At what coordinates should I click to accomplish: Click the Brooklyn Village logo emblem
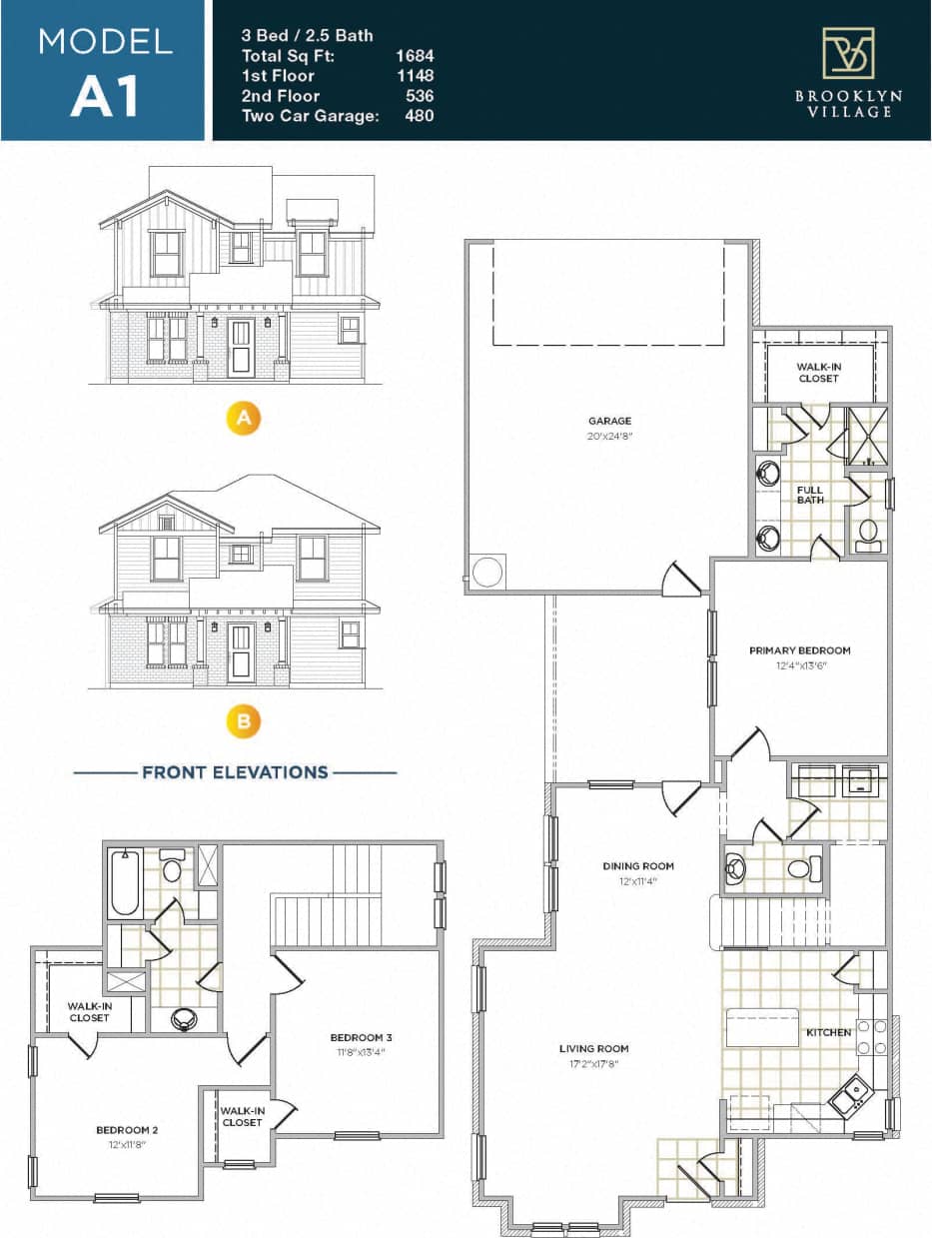[847, 53]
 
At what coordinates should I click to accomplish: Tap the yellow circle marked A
[243, 419]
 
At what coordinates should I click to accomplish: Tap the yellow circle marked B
[243, 721]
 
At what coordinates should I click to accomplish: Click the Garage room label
[609, 422]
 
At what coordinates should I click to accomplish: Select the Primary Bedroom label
[800, 650]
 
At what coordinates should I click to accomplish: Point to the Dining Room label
[637, 866]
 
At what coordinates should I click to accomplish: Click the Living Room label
[593, 1049]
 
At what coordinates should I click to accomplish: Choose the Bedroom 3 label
[362, 1036]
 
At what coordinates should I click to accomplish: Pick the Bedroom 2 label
[127, 1130]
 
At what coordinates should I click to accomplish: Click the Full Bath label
[810, 495]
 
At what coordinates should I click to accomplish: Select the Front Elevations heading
[235, 772]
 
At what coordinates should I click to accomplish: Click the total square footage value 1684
[415, 56]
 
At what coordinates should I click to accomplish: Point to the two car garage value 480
[419, 116]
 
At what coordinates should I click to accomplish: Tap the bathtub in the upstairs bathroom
[125, 882]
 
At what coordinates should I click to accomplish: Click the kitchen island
[762, 1027]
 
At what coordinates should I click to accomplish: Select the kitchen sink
[850, 1097]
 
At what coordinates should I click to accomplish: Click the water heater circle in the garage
[487, 573]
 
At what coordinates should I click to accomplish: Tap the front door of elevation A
[241, 348]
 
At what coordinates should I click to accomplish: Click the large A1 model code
[104, 96]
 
